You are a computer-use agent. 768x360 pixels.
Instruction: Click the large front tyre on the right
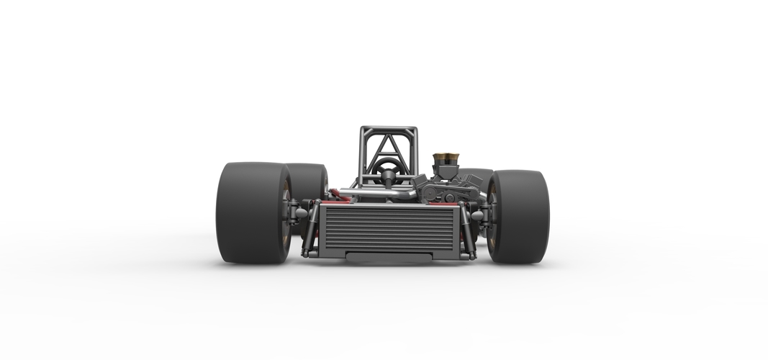[519, 216]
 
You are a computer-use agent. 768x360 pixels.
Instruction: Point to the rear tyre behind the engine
[475, 180]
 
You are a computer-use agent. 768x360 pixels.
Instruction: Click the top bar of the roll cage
[389, 130]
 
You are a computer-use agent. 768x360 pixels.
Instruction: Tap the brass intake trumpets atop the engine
[447, 157]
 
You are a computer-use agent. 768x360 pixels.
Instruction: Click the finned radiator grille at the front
[389, 228]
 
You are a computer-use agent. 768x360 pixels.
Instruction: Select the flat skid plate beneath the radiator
[389, 256]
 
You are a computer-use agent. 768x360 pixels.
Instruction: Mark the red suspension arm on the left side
[339, 194]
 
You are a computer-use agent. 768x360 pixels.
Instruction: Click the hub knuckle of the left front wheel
[297, 213]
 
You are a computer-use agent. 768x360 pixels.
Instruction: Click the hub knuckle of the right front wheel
[480, 215]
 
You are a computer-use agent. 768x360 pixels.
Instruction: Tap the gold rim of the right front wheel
[492, 216]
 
